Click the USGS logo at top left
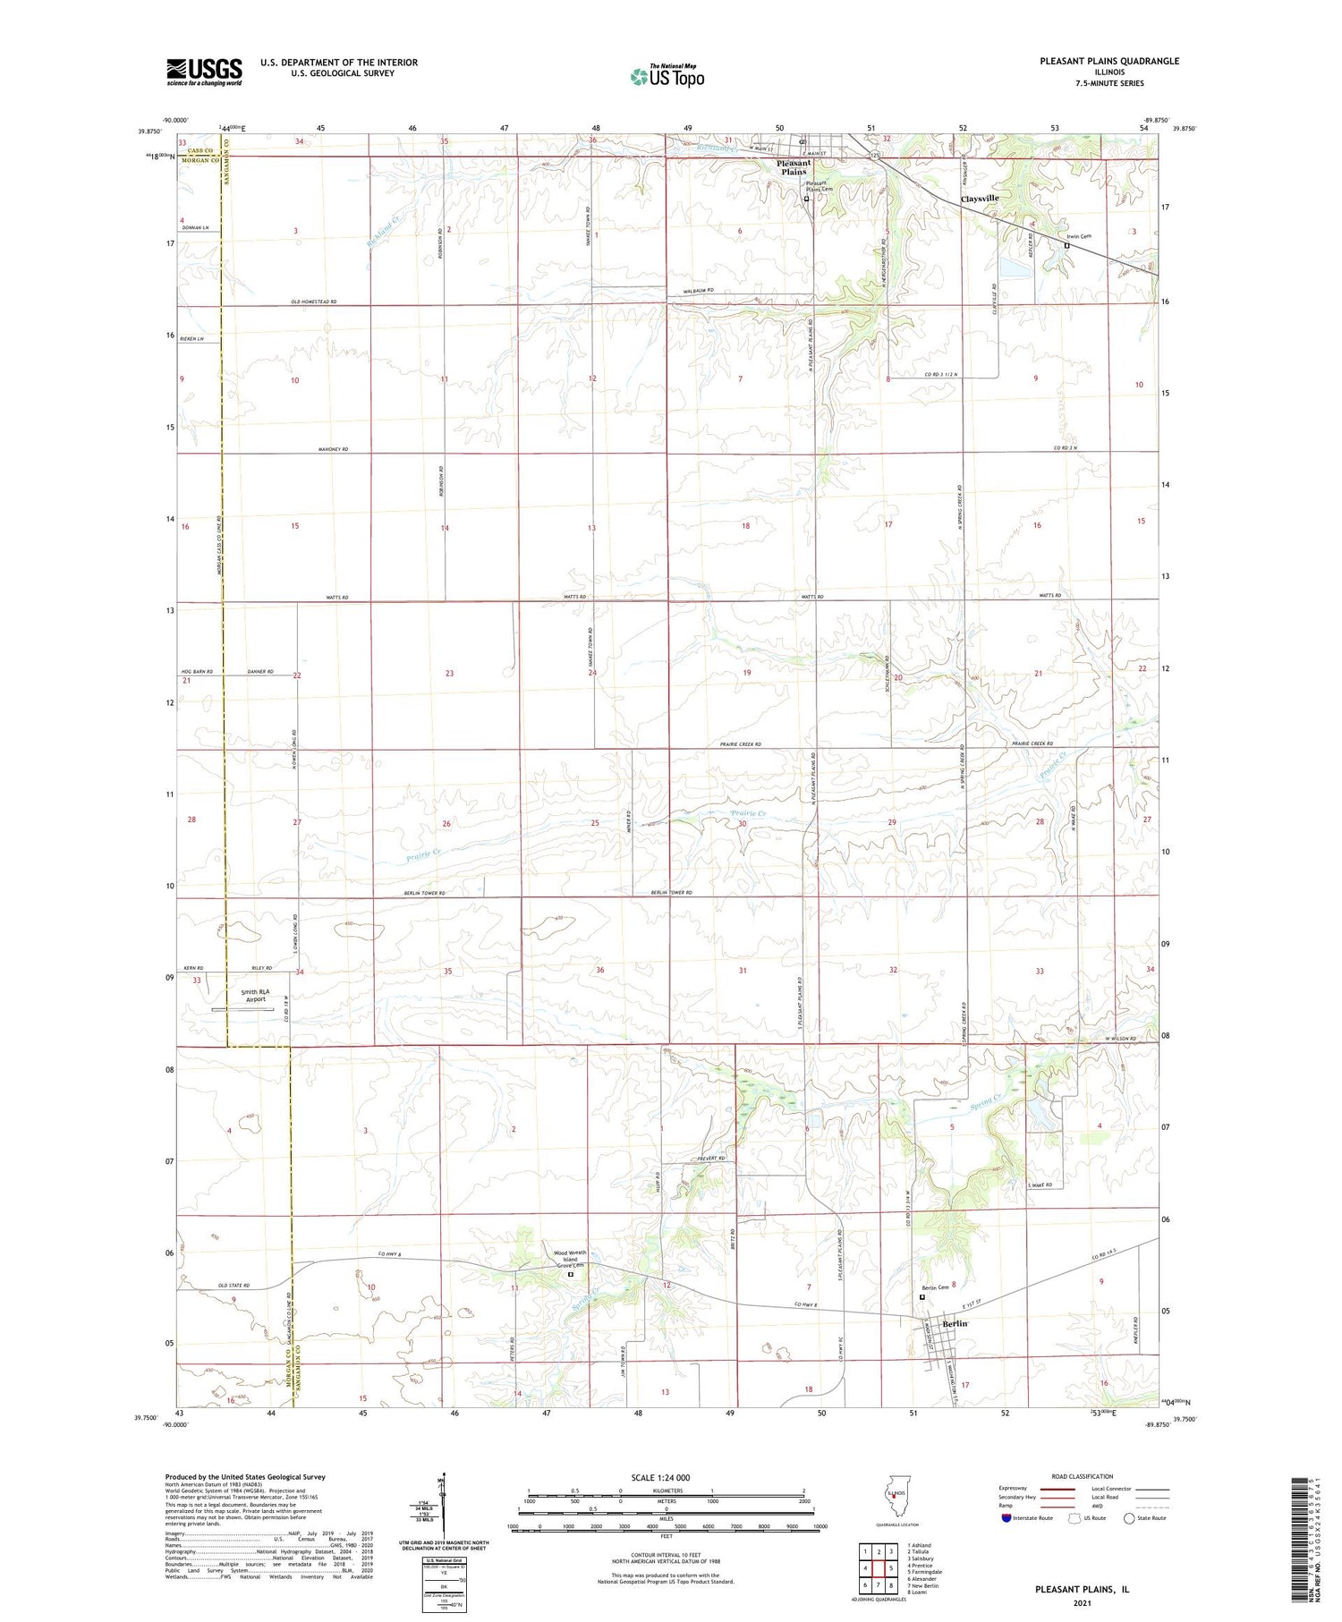[x=204, y=72]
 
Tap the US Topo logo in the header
[x=667, y=77]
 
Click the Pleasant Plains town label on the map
[x=793, y=167]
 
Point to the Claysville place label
[x=979, y=199]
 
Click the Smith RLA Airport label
[x=255, y=996]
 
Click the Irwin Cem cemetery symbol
[x=1066, y=245]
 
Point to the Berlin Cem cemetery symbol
[x=922, y=1297]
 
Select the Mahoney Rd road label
[x=331, y=449]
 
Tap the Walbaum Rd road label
[x=698, y=291]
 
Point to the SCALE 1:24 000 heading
[x=660, y=1478]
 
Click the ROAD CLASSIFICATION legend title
[x=1083, y=1476]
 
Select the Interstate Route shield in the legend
[x=1007, y=1518]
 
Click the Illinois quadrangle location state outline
[x=893, y=1498]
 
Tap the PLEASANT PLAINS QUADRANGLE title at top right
[x=1108, y=61]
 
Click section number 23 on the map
[x=449, y=674]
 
